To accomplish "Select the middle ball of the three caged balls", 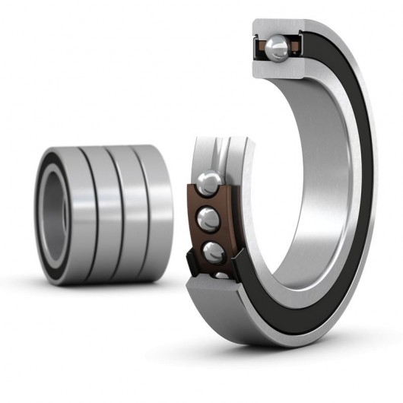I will pos(206,220).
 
